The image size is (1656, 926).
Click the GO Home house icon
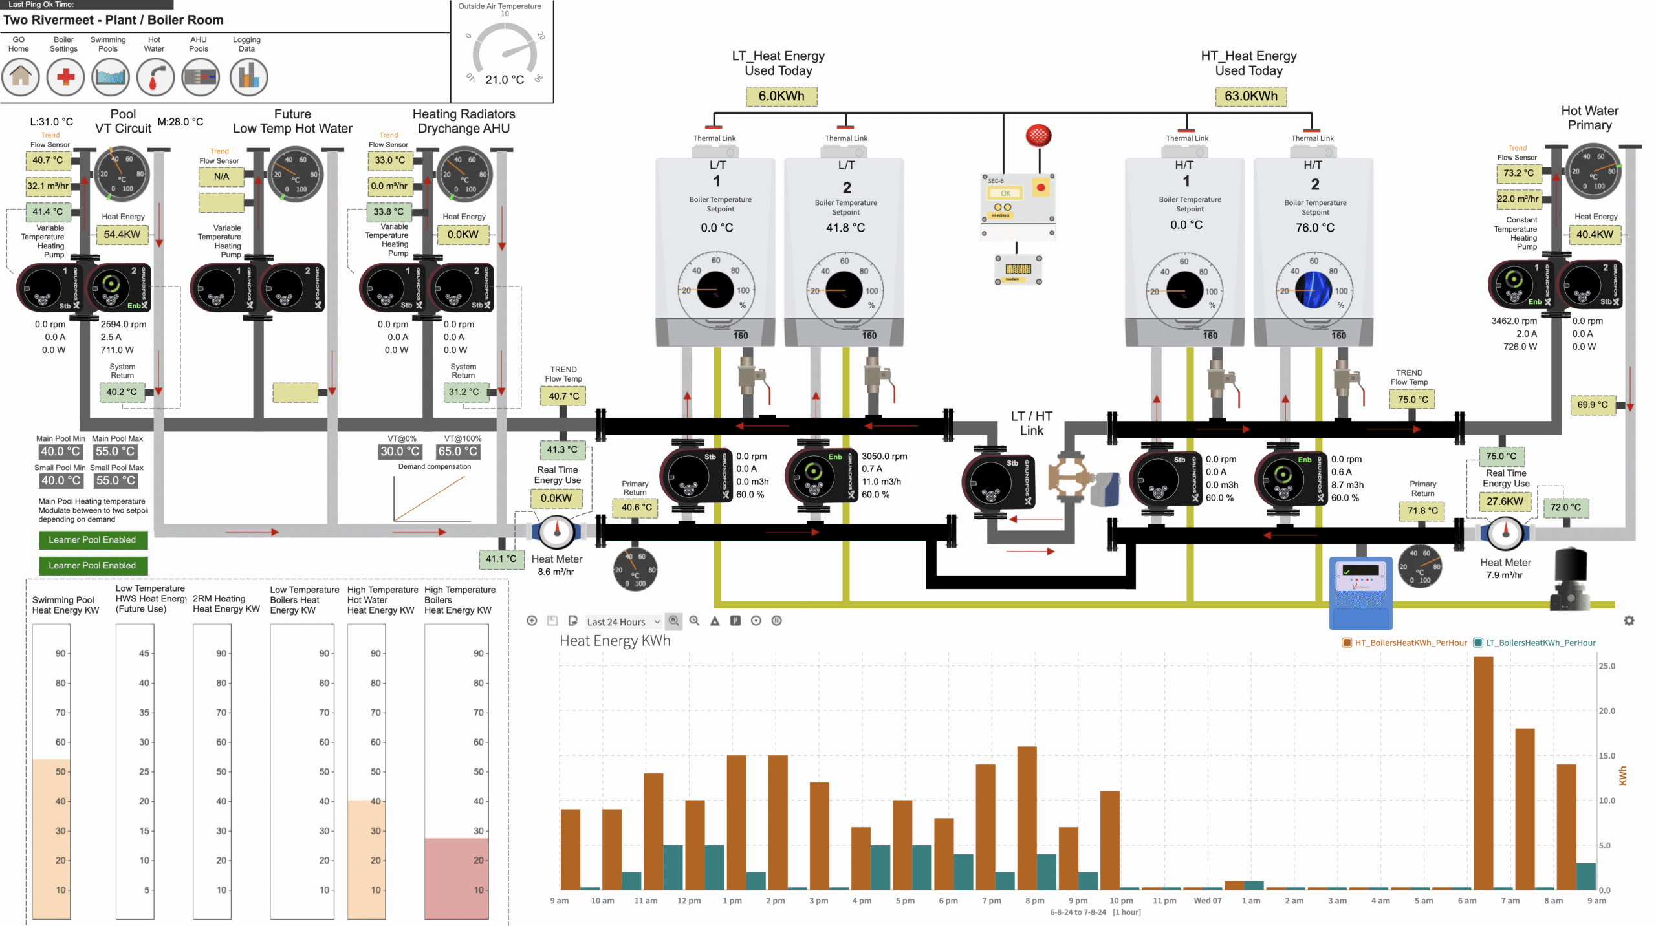(20, 76)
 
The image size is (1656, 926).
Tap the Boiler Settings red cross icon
(65, 76)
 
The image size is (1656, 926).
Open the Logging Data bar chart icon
(248, 76)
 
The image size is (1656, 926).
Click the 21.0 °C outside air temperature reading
(505, 80)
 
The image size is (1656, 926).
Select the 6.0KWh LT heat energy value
(781, 96)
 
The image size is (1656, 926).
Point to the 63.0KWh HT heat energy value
(1250, 96)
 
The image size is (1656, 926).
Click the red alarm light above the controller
(1038, 136)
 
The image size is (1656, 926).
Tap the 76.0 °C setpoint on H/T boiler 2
(1314, 228)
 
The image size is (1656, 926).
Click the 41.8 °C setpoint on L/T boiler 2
(845, 228)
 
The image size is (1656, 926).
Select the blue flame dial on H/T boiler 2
(1313, 290)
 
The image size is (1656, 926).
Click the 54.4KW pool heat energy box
(122, 234)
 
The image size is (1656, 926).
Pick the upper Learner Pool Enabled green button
(93, 540)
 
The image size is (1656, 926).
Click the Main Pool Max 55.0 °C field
(116, 451)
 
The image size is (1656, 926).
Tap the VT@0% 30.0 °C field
(399, 451)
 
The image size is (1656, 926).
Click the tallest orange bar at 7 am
(1483, 773)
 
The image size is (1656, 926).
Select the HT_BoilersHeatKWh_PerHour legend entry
(1404, 643)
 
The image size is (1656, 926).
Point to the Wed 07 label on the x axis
(1207, 901)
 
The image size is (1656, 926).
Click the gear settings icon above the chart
(1629, 621)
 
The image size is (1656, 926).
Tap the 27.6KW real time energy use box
(1505, 501)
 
